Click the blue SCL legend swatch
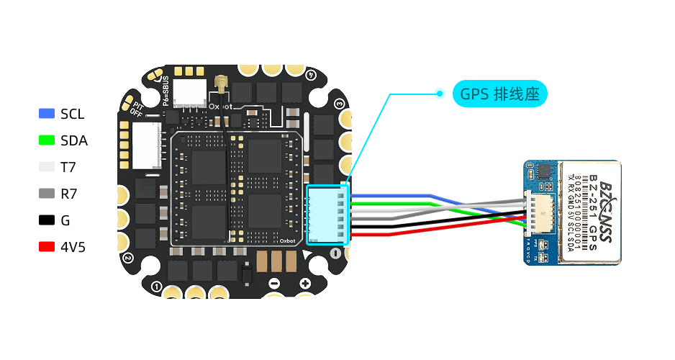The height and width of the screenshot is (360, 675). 47,114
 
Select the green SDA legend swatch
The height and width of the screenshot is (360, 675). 47,140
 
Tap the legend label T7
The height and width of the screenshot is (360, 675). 69,167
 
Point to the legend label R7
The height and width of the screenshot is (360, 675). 69,194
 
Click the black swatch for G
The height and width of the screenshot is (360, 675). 47,220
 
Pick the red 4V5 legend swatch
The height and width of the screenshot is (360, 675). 47,247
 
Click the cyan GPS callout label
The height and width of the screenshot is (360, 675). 499,94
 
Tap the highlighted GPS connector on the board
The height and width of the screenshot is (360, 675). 327,215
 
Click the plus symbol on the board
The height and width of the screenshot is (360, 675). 304,283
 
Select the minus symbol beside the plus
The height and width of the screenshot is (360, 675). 273,283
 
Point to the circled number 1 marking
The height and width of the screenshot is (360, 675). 158,287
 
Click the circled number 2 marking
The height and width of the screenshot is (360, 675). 127,257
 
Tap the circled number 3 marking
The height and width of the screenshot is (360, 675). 339,104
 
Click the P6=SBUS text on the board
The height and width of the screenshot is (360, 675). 166,91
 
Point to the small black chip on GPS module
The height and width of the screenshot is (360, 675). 544,171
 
